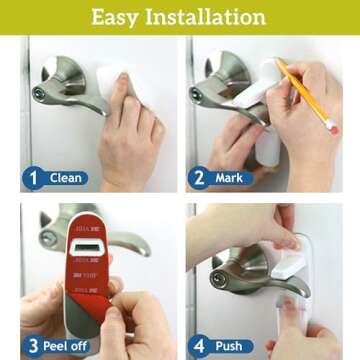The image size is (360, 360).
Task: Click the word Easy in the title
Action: coord(121,17)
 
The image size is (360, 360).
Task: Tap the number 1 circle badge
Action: coord(32,179)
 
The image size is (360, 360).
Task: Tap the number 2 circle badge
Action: coord(198,179)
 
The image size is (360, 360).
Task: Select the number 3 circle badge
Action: coord(32,347)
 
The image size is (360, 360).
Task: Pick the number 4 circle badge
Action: coord(198,347)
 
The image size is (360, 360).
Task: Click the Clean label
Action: coord(66,179)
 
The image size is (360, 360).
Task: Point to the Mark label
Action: coord(231,179)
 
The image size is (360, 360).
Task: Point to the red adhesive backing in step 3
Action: coord(84,285)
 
